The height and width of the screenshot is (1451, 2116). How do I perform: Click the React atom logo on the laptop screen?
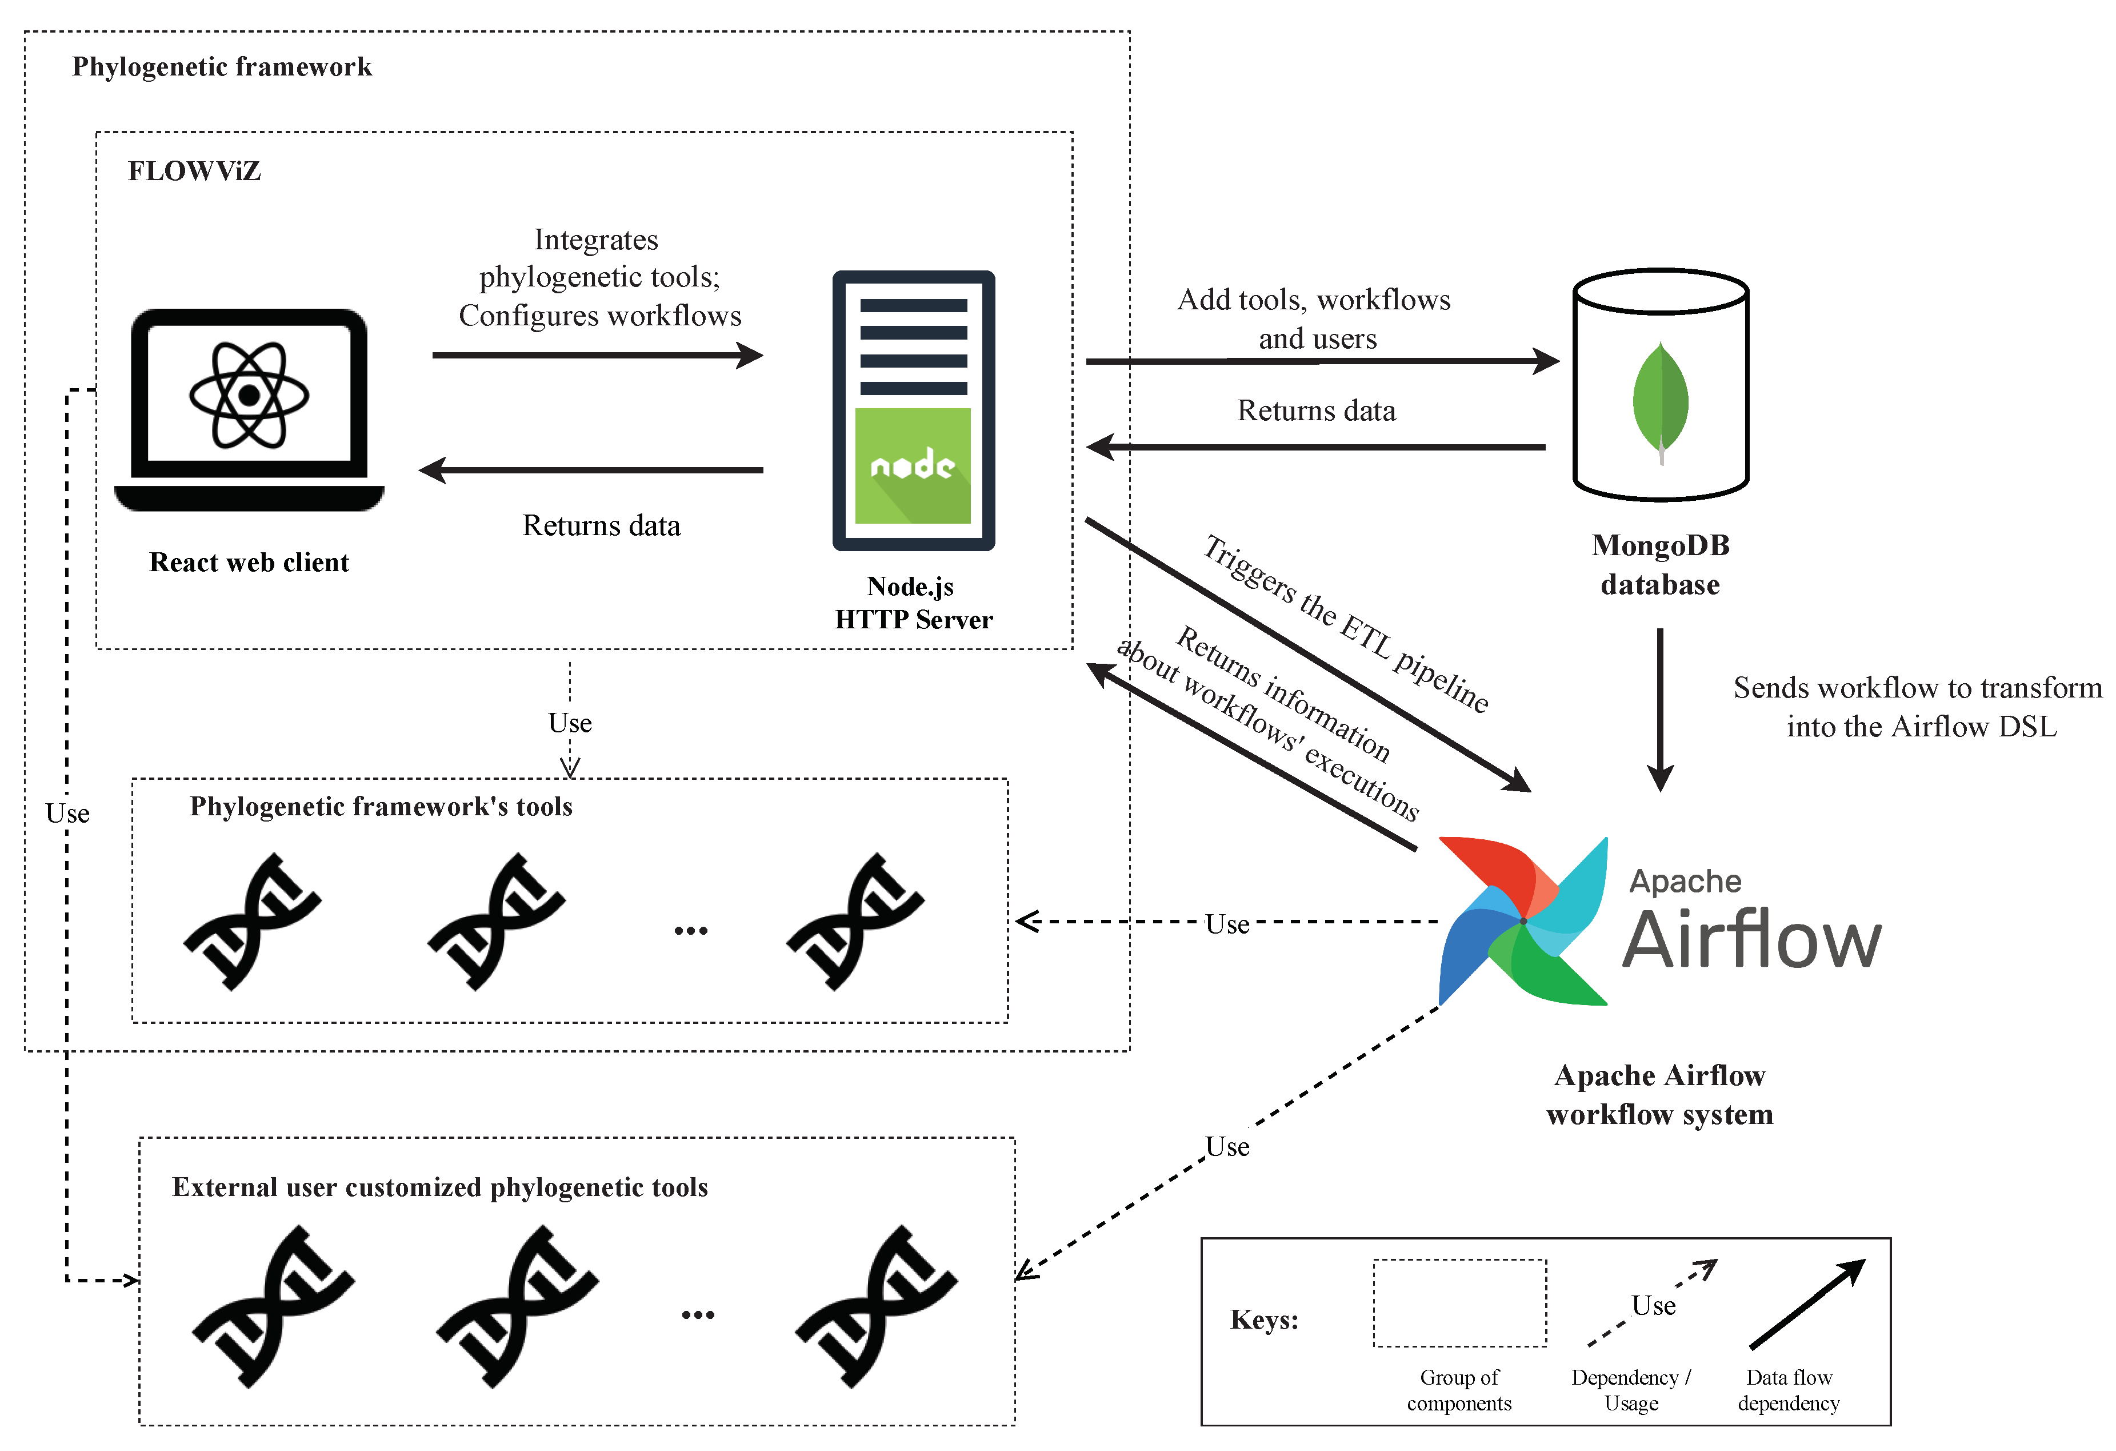click(249, 395)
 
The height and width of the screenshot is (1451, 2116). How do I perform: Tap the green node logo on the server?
click(913, 465)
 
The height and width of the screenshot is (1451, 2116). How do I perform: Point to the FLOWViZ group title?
click(194, 172)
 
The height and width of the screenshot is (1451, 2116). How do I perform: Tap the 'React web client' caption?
click(249, 562)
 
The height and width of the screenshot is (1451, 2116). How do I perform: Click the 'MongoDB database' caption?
click(1661, 565)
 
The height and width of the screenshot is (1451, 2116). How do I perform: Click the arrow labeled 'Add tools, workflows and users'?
click(1322, 361)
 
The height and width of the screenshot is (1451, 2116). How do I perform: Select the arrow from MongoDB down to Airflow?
click(1660, 709)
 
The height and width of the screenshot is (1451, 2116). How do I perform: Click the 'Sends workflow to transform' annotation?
click(1918, 688)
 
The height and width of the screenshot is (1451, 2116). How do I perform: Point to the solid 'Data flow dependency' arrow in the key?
click(1807, 1303)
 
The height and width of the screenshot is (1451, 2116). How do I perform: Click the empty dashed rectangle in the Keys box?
click(1459, 1302)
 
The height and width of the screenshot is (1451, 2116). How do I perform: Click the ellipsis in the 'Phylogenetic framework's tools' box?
click(691, 930)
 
